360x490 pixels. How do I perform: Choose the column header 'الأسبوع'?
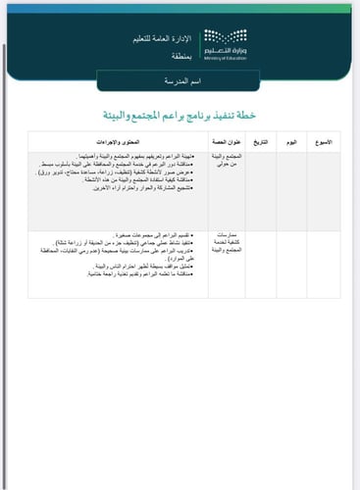(320, 143)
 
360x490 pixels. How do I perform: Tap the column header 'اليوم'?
(290, 143)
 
